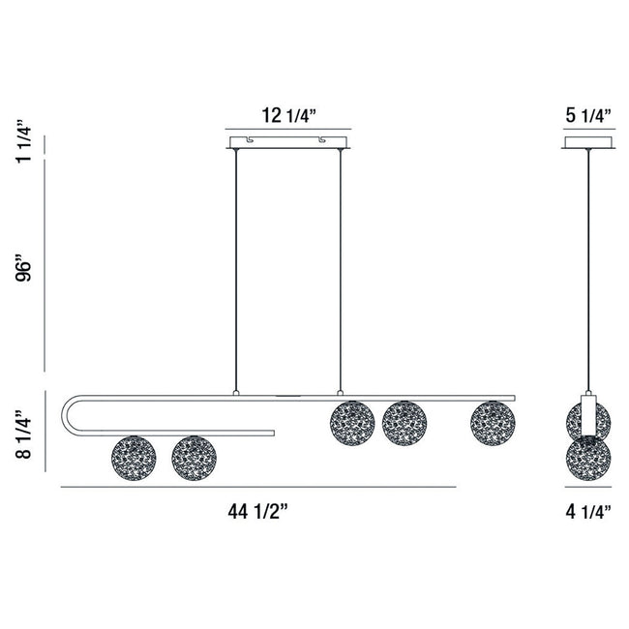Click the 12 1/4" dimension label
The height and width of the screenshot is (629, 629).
tap(289, 116)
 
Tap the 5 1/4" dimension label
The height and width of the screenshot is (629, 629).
tap(588, 116)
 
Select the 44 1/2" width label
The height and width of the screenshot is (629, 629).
tap(258, 512)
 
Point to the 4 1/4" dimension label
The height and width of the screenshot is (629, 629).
tap(588, 512)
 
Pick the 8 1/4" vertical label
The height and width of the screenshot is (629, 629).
tap(23, 434)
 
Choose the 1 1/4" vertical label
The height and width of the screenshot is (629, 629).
tap(23, 141)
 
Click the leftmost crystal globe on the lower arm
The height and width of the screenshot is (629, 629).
tap(134, 458)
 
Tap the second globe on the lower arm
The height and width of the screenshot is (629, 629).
tap(194, 458)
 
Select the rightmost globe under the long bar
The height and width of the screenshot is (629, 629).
tap(493, 423)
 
